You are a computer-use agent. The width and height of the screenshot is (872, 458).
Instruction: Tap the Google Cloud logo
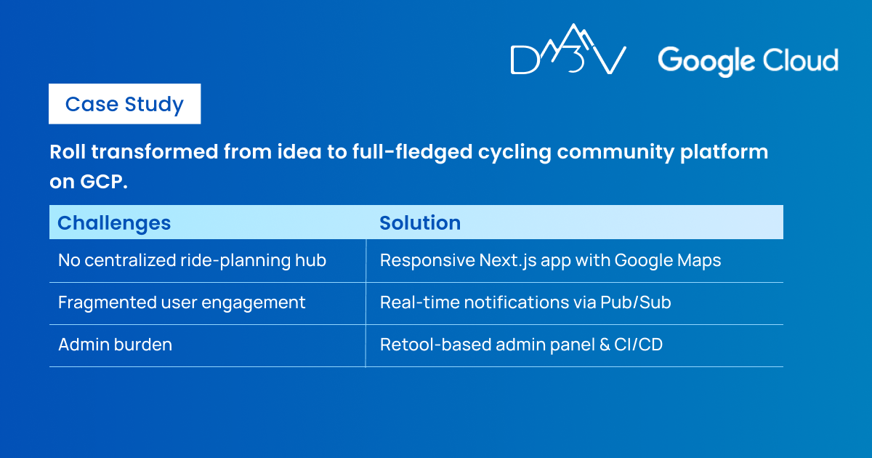click(748, 61)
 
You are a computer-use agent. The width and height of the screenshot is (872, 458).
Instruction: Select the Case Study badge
click(124, 104)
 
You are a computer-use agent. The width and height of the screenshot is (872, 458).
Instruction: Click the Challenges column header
click(114, 223)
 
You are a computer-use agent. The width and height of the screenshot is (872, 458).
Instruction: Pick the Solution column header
click(420, 222)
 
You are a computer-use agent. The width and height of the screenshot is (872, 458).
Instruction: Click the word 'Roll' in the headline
click(68, 151)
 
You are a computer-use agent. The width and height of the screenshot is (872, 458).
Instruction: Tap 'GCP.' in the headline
click(103, 182)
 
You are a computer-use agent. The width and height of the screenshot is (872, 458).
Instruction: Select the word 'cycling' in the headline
click(514, 153)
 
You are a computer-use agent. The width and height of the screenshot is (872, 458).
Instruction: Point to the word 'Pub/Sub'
click(636, 302)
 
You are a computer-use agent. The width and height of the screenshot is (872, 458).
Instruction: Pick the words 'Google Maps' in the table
click(668, 260)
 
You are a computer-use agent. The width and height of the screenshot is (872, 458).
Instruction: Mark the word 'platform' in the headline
click(724, 153)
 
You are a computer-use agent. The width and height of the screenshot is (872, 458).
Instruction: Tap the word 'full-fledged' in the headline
click(413, 153)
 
